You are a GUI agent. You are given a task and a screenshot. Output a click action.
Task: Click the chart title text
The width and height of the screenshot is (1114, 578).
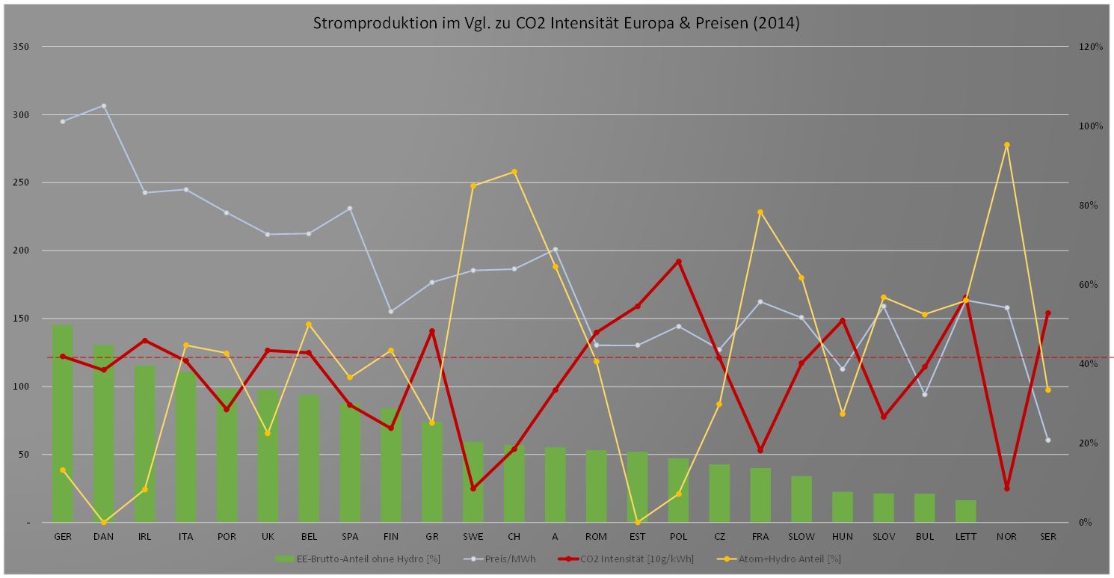556,23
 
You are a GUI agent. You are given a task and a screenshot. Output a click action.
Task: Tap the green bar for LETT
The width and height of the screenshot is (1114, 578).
966,511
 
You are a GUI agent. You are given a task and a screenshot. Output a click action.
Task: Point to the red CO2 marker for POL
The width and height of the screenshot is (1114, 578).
679,262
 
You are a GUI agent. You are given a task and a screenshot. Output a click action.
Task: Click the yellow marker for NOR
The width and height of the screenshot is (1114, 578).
1007,145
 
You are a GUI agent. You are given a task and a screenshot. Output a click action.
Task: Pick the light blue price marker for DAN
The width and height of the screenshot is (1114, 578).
104,106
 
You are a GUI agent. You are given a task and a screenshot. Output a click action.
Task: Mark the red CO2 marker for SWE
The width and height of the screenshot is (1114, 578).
473,488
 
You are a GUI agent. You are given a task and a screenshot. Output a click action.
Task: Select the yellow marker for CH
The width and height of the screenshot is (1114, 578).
514,172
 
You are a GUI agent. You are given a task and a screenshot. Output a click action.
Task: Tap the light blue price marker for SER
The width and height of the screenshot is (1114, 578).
1048,440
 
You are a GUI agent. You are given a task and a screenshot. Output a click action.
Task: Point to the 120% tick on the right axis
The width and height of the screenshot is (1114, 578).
1091,47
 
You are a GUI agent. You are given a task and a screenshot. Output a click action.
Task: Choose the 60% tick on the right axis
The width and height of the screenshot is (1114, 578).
1089,285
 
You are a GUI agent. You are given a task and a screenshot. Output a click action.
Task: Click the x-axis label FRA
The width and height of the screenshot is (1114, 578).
760,537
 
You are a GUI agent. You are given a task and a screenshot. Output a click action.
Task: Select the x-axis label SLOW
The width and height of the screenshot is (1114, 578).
801,537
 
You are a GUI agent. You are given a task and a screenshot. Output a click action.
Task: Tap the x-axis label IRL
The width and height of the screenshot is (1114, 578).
145,537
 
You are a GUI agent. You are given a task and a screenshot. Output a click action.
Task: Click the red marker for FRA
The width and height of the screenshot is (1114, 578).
760,450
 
